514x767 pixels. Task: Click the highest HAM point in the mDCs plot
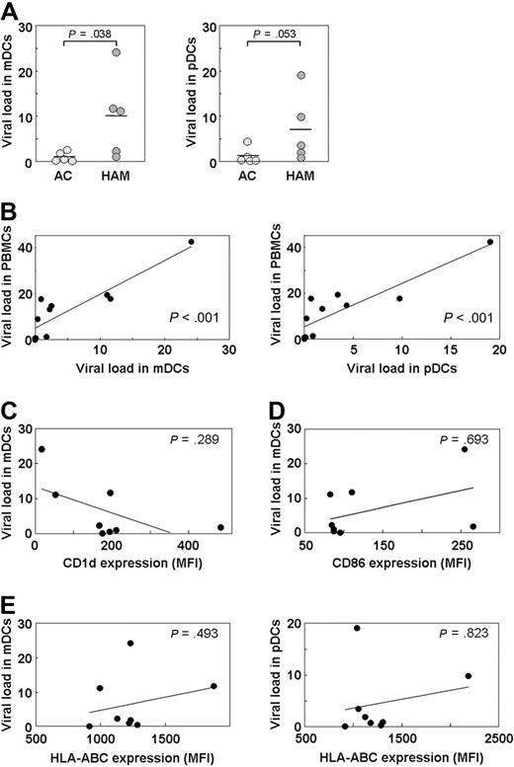point(144,52)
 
